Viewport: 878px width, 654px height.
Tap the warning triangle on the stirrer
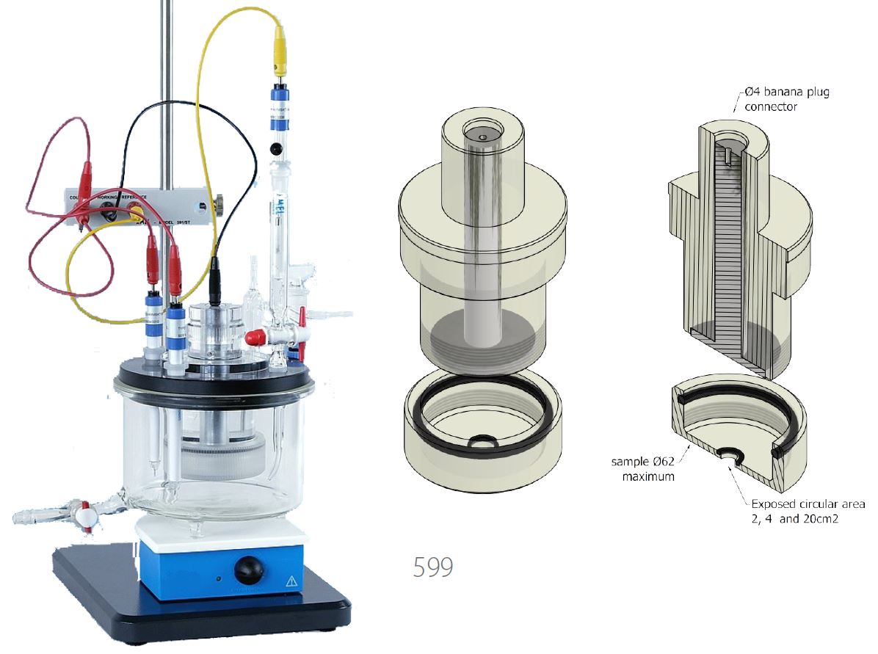(x=292, y=581)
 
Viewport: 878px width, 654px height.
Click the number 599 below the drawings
(x=432, y=567)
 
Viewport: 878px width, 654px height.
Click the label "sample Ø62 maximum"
(x=642, y=469)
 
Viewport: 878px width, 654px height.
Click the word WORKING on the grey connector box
(x=126, y=197)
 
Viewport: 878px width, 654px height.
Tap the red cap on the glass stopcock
(x=253, y=338)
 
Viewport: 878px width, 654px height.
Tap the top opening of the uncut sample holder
(x=481, y=135)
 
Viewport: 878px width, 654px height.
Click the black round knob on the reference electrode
(x=276, y=149)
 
